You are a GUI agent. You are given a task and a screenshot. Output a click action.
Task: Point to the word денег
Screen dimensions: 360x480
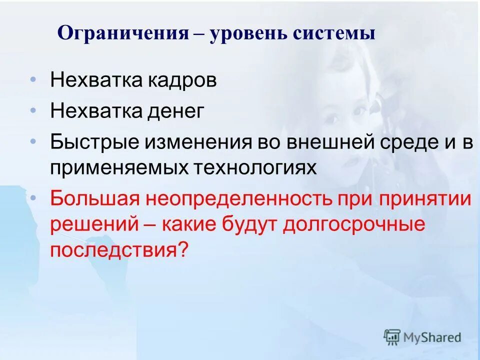(175, 111)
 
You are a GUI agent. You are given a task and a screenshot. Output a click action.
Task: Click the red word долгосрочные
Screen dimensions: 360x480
(354, 224)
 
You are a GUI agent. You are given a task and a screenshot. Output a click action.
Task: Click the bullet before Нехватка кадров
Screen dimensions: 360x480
(33, 80)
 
